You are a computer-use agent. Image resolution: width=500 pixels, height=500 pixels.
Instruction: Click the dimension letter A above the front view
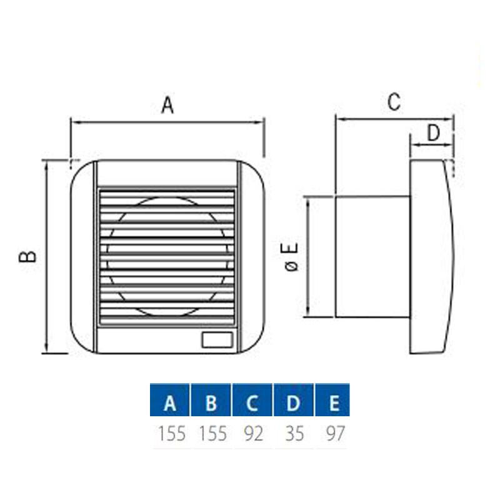[x=167, y=104]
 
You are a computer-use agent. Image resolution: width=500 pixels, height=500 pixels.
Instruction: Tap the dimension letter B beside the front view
[x=27, y=256]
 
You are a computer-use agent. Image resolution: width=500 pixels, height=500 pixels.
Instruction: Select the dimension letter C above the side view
[x=394, y=102]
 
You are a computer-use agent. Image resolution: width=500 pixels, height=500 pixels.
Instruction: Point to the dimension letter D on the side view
[x=433, y=132]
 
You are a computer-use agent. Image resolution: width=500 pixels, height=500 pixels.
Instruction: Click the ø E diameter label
[x=291, y=257]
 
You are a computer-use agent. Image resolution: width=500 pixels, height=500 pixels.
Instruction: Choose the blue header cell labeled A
[x=169, y=399]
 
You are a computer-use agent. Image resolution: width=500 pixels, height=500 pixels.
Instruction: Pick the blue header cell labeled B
[x=211, y=399]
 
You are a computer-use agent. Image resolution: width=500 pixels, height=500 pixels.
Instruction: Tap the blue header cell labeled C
[x=252, y=399]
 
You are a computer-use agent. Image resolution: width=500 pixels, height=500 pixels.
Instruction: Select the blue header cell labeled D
[x=293, y=399]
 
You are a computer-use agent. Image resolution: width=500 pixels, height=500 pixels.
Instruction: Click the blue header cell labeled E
[x=332, y=399]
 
